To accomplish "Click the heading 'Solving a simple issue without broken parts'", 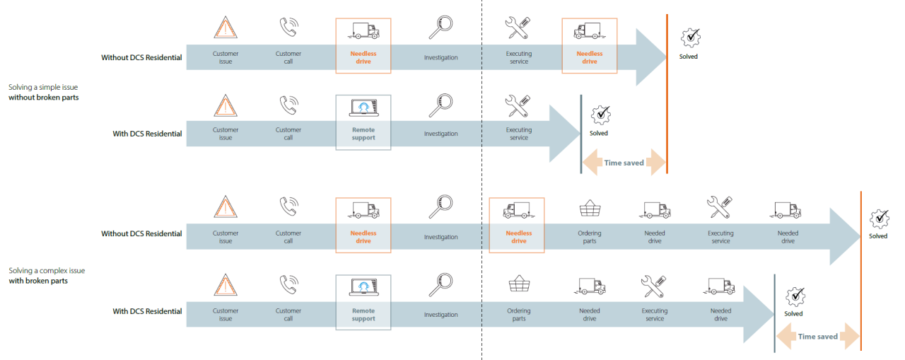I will tap(43, 92).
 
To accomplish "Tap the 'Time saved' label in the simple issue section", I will tap(624, 163).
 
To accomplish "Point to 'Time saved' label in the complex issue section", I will tap(817, 337).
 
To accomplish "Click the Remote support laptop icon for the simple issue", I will tap(363, 108).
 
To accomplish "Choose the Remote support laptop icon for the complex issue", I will tap(363, 288).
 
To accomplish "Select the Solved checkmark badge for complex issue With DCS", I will tap(795, 296).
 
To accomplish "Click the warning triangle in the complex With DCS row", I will tap(226, 285).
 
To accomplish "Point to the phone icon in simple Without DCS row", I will tap(288, 27).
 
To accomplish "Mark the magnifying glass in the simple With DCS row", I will tap(440, 105).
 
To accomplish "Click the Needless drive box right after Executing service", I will tap(589, 45).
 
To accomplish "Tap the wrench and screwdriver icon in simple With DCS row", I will tap(518, 105).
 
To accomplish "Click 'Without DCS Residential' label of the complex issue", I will tap(141, 233).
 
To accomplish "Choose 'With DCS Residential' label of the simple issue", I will tap(147, 134).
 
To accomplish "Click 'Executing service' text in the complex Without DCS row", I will tap(720, 237).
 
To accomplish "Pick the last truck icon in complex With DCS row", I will tap(720, 286).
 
